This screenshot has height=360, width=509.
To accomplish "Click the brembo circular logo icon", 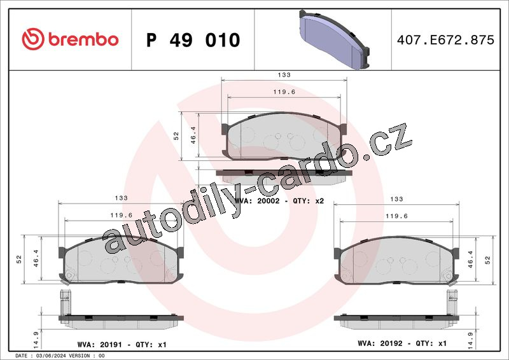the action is [33, 39].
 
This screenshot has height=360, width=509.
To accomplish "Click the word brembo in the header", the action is [83, 39].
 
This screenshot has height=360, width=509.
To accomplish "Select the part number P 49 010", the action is [193, 40].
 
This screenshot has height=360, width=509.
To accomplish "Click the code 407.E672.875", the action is [445, 40].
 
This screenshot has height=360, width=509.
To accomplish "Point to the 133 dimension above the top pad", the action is [284, 74].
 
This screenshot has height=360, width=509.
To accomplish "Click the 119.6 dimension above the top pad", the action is [284, 92].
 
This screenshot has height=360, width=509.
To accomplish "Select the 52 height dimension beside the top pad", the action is [176, 135].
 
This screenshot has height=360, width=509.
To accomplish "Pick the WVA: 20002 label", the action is [257, 201].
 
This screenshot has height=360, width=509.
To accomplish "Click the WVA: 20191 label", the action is [99, 345].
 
